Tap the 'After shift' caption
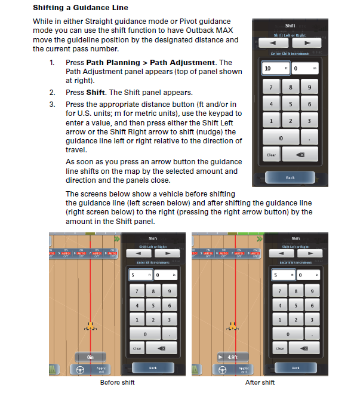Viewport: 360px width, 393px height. (260, 382)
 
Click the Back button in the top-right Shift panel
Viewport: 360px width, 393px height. (290, 177)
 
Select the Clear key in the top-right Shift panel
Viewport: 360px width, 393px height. (271, 155)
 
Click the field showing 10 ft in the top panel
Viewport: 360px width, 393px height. (275, 69)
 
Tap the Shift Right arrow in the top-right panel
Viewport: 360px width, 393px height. (307, 43)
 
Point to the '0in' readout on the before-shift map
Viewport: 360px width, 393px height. (91, 357)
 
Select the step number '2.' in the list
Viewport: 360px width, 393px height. (52, 93)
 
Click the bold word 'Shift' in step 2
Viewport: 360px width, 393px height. (96, 93)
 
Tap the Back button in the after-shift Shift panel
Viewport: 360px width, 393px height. (296, 367)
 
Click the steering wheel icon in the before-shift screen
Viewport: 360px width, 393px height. (78, 369)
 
